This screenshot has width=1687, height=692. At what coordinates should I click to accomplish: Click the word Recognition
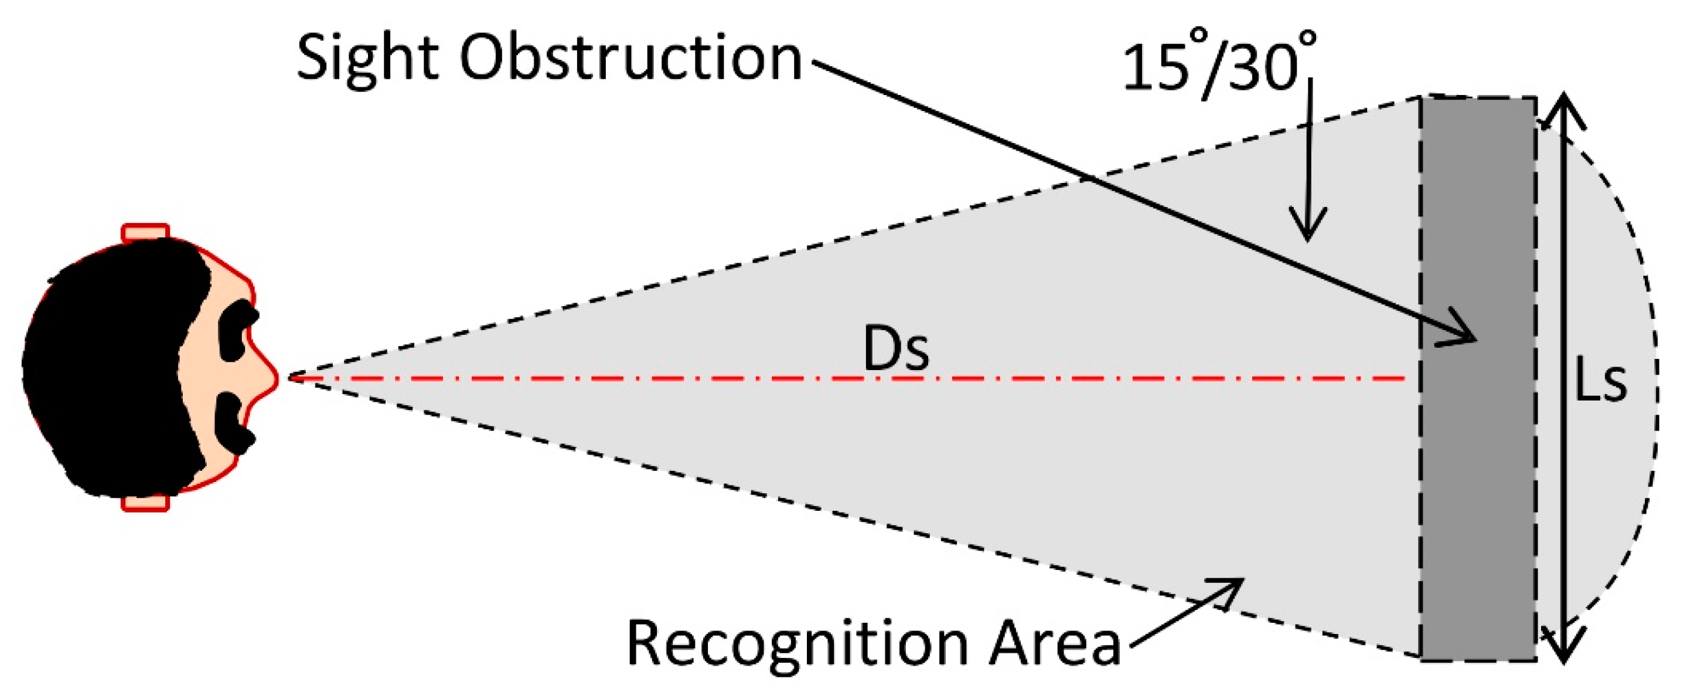tap(798, 643)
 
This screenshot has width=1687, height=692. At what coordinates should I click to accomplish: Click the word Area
tap(1054, 643)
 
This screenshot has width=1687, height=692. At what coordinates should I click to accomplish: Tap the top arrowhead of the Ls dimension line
tap(1563, 108)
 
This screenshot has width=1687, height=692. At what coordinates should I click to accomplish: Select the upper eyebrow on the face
tap(238, 330)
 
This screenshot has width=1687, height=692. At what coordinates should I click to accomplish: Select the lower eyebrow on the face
tap(234, 423)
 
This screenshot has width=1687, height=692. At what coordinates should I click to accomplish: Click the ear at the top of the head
tap(145, 233)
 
